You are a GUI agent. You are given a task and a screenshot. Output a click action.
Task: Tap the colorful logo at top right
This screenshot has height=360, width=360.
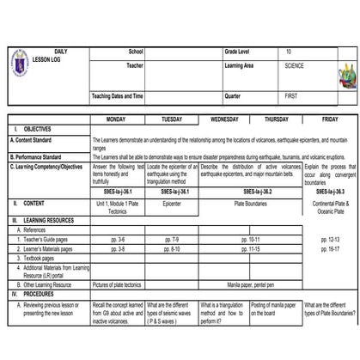tap(347, 76)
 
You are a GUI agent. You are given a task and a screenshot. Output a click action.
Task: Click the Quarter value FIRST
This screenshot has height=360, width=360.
tap(292, 95)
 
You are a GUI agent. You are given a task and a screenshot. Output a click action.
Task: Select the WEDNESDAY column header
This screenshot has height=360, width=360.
tap(225, 119)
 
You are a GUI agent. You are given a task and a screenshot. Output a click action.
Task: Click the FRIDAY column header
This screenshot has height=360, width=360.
tap(330, 119)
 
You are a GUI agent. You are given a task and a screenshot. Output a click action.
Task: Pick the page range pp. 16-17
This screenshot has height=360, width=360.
tap(329, 248)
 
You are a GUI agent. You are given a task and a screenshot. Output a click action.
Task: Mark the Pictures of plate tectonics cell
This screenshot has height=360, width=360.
tap(117, 283)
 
